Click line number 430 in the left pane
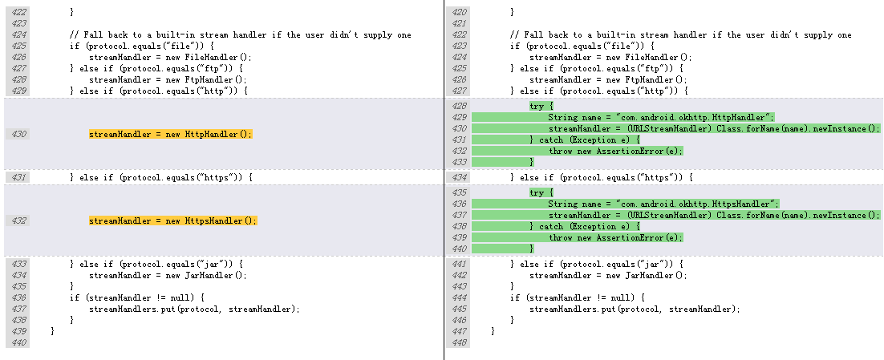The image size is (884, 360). click(x=17, y=134)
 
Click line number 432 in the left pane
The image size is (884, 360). click(x=17, y=220)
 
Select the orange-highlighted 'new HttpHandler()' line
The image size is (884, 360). click(x=170, y=134)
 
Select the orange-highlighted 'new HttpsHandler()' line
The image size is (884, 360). click(x=172, y=220)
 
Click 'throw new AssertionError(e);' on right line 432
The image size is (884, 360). click(x=615, y=151)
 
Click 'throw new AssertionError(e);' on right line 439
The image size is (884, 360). click(x=615, y=237)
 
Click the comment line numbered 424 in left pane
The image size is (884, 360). click(x=240, y=35)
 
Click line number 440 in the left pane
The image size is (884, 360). click(x=17, y=342)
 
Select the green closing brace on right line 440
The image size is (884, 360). click(x=531, y=249)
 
